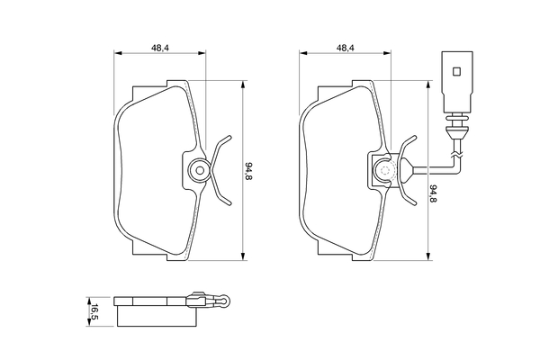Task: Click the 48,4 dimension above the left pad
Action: coord(160,49)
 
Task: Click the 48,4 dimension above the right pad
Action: coord(346,49)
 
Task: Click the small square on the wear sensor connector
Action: coord(456,71)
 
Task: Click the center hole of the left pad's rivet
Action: coord(200,170)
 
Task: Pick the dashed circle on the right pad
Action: coord(384,170)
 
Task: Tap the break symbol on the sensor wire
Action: coord(456,155)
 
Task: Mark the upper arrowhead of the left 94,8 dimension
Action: coord(243,85)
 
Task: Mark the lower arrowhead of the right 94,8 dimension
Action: coord(428,256)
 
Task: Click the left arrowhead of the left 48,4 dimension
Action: coord(118,53)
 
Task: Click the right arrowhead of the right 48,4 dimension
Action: coord(387,53)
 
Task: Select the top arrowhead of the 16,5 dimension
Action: coord(88,301)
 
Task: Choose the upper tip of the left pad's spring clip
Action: coord(229,137)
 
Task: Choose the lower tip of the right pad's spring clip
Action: coord(415,204)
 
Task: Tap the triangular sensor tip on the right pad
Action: coord(405,170)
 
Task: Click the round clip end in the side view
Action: coord(225,301)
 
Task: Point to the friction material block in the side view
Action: coord(157,316)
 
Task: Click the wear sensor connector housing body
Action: coord(457,82)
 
